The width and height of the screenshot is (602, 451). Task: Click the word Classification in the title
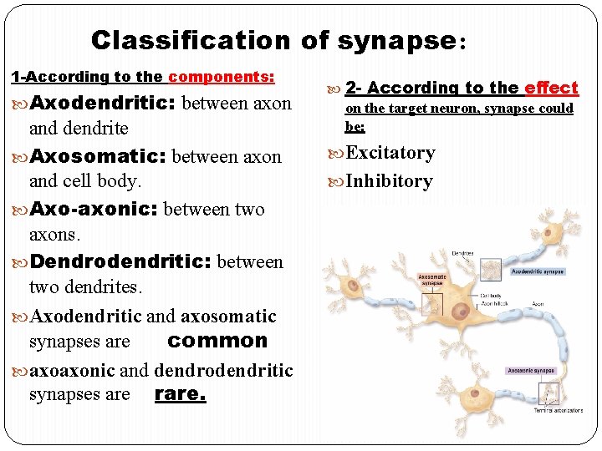tap(190, 39)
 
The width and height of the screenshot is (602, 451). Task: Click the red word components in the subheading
tap(221, 77)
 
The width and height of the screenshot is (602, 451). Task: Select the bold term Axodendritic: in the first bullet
tap(103, 104)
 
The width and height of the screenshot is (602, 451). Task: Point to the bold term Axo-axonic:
tap(94, 209)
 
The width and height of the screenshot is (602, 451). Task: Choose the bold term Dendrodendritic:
tap(121, 261)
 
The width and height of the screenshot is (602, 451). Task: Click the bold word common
tap(217, 341)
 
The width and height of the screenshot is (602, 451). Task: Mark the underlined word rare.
tap(180, 393)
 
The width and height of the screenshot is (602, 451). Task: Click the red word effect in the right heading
tap(551, 88)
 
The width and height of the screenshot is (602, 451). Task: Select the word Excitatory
tap(390, 153)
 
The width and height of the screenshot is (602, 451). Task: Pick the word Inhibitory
tap(389, 181)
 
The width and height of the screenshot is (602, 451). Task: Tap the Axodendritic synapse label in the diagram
tap(537, 271)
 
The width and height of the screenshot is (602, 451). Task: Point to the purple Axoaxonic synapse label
tap(532, 370)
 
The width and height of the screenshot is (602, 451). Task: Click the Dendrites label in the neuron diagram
tap(462, 253)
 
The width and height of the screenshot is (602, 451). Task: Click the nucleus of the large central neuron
tap(460, 312)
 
